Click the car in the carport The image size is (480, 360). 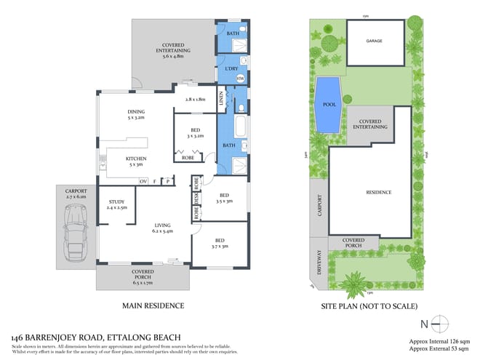75,232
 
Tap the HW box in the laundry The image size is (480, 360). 239,78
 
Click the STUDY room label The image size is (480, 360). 117,204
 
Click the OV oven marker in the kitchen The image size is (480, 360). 143,180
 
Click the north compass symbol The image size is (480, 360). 439,322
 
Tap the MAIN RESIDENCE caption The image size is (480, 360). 153,305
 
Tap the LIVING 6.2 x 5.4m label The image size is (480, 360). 161,228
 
